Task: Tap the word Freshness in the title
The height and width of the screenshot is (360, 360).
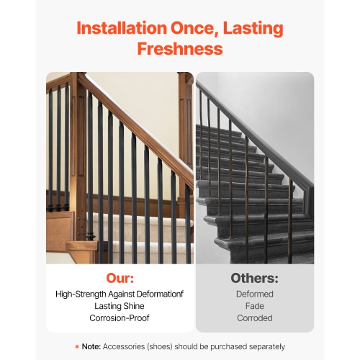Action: pyautogui.click(x=179, y=49)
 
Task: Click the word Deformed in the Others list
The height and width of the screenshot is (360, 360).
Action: pyautogui.click(x=254, y=294)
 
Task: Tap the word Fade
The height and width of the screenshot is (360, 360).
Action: pyautogui.click(x=254, y=305)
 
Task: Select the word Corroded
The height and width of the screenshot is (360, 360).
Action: pyautogui.click(x=254, y=318)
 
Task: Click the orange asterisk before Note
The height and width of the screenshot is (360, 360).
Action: pyautogui.click(x=77, y=346)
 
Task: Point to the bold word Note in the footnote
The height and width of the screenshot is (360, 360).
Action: pyautogui.click(x=91, y=346)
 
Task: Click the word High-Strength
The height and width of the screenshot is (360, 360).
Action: pyautogui.click(x=81, y=294)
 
